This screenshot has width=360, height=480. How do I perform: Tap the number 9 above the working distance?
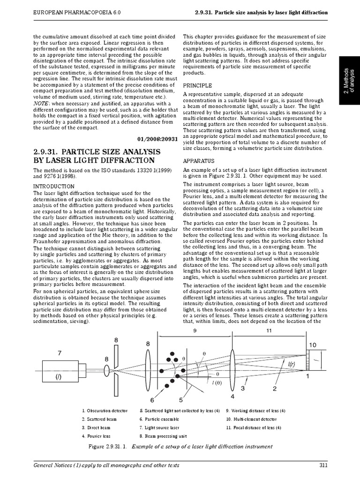click(194, 330)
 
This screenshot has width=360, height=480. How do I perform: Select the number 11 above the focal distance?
click(269, 330)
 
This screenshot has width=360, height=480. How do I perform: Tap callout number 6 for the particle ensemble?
click(152, 400)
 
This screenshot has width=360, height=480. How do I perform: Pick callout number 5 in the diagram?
click(180, 400)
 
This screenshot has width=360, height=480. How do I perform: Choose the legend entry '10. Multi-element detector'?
click(251, 419)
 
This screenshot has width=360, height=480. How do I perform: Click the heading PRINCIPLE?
click(197, 86)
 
